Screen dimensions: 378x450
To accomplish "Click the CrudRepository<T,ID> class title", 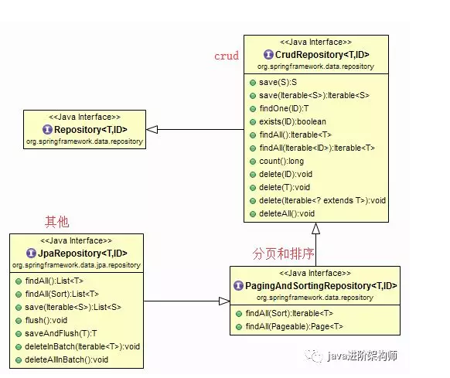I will [x=321, y=55].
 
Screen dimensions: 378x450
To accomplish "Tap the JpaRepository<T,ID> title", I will [x=76, y=253].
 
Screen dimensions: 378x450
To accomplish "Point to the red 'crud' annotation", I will [x=226, y=56].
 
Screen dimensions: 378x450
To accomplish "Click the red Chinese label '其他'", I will [x=56, y=222].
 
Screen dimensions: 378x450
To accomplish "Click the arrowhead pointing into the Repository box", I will [x=152, y=129].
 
